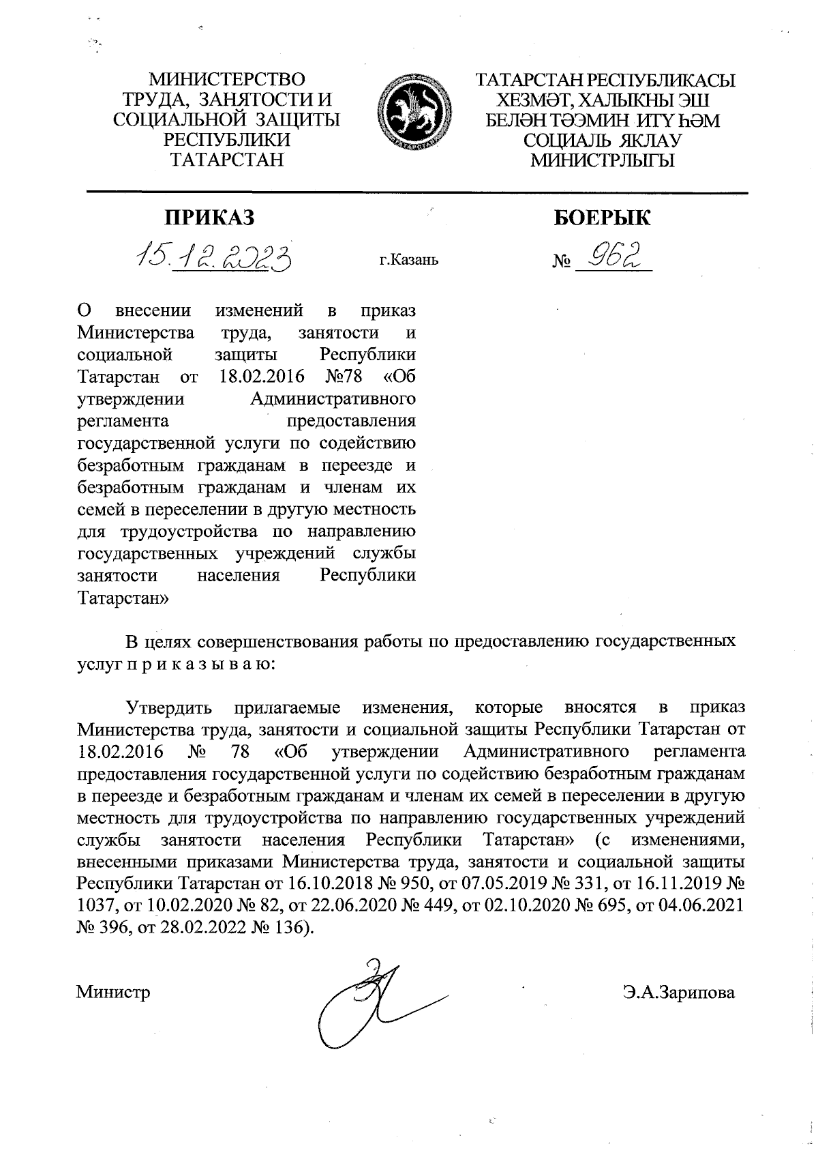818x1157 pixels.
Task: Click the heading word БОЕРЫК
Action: click(x=601, y=218)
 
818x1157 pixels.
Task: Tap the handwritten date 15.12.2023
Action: click(x=215, y=257)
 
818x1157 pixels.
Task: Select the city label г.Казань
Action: click(x=409, y=260)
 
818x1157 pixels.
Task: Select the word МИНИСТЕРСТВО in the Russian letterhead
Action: click(x=228, y=80)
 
